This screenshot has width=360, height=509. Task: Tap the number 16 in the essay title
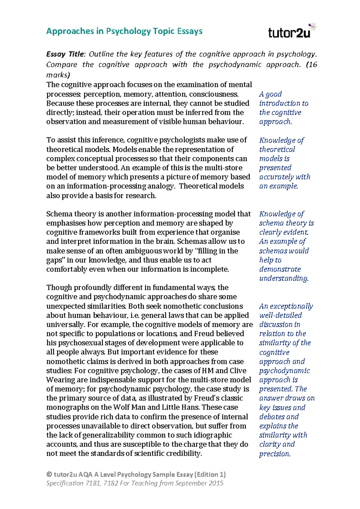click(313, 65)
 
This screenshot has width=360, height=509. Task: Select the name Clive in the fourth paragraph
click(238, 371)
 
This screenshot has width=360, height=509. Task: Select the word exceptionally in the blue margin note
click(291, 306)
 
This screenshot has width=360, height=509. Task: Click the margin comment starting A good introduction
click(283, 108)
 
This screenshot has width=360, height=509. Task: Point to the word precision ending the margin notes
click(274, 454)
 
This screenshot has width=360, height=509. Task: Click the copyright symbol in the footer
click(49, 475)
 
